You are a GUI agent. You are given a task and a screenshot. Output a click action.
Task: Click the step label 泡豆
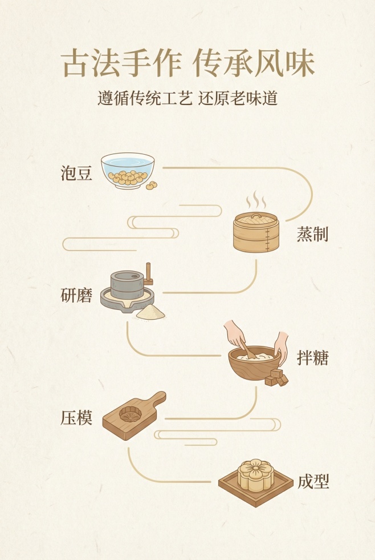(76, 173)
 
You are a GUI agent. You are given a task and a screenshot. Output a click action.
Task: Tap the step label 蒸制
(312, 234)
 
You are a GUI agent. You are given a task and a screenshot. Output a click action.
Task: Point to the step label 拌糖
(312, 358)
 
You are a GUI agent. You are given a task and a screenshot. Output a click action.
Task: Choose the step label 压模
(76, 418)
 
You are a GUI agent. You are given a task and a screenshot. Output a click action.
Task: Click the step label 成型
(313, 481)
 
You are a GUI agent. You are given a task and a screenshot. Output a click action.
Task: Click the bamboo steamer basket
(256, 233)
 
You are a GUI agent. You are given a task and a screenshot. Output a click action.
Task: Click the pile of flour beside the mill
(150, 312)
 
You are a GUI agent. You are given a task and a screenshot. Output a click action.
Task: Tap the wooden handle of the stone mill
(149, 273)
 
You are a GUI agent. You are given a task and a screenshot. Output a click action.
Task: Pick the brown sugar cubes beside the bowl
(276, 377)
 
